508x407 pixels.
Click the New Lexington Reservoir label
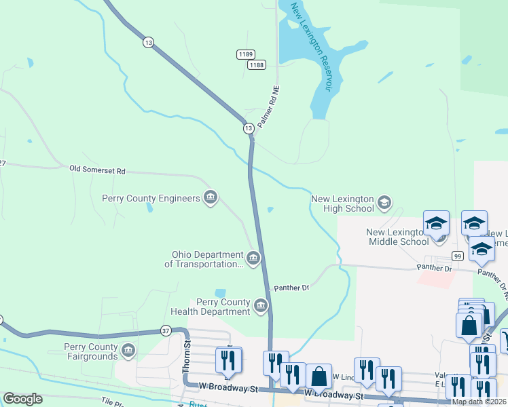[x=310, y=47]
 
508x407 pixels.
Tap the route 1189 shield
[x=245, y=54]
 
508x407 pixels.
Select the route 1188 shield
[x=256, y=64]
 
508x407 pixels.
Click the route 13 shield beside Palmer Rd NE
[x=249, y=128]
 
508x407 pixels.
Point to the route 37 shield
[x=166, y=330]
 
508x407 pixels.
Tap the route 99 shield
[x=458, y=256]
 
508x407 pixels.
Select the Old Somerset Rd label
[x=97, y=170]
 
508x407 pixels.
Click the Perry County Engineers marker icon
[x=211, y=197]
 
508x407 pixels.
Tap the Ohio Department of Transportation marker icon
[x=253, y=258]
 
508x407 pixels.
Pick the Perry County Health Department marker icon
[x=261, y=307]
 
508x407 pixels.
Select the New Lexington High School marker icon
[x=384, y=203]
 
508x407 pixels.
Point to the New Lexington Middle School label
[x=398, y=237]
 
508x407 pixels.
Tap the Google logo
[x=22, y=399]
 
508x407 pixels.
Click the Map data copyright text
[x=479, y=402]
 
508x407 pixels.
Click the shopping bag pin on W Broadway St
[x=319, y=376]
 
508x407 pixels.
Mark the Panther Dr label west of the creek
[x=291, y=288]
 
